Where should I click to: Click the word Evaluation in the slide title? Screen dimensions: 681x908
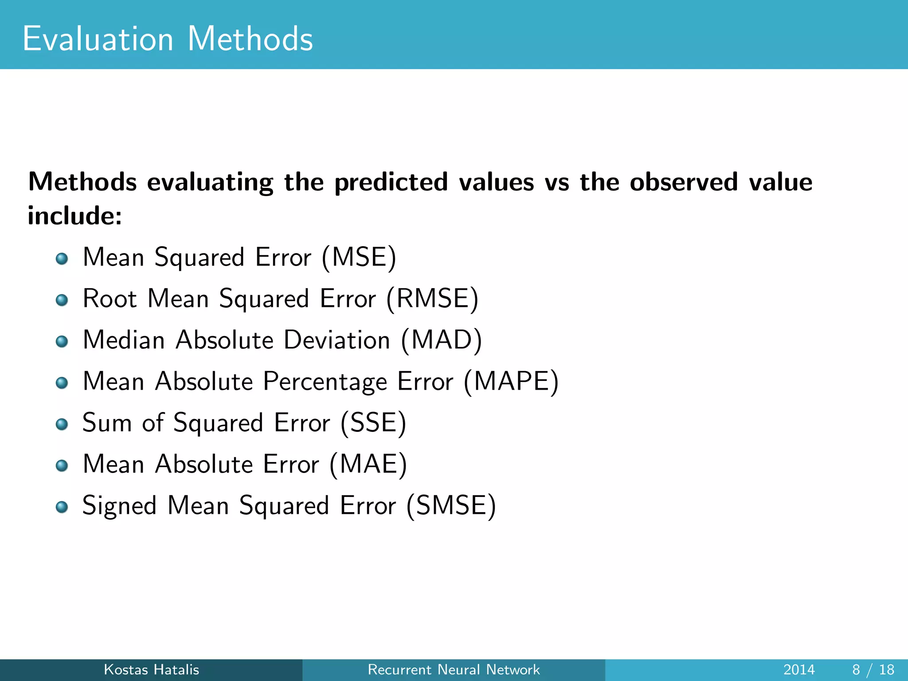98,39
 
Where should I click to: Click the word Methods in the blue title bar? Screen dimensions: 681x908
250,39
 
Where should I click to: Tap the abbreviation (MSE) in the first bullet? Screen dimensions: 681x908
359,257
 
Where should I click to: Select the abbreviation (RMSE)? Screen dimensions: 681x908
432,298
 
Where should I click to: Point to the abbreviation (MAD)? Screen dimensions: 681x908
441,340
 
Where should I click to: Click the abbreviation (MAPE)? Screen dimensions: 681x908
511,381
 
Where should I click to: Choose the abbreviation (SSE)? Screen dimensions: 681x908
373,423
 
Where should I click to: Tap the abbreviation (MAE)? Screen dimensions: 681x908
368,464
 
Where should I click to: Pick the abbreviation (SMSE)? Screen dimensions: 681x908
451,505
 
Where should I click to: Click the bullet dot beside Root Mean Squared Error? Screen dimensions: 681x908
62,300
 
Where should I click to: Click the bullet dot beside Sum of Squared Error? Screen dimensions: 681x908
62,424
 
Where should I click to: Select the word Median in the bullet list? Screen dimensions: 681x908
124,340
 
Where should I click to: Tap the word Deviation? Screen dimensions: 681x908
337,340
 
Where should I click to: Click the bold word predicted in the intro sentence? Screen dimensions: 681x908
391,183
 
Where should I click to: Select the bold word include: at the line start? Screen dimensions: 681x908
74,216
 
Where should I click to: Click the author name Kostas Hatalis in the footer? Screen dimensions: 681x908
151,669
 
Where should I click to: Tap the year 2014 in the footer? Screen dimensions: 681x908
799,669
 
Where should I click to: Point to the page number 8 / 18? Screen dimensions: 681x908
873,669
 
